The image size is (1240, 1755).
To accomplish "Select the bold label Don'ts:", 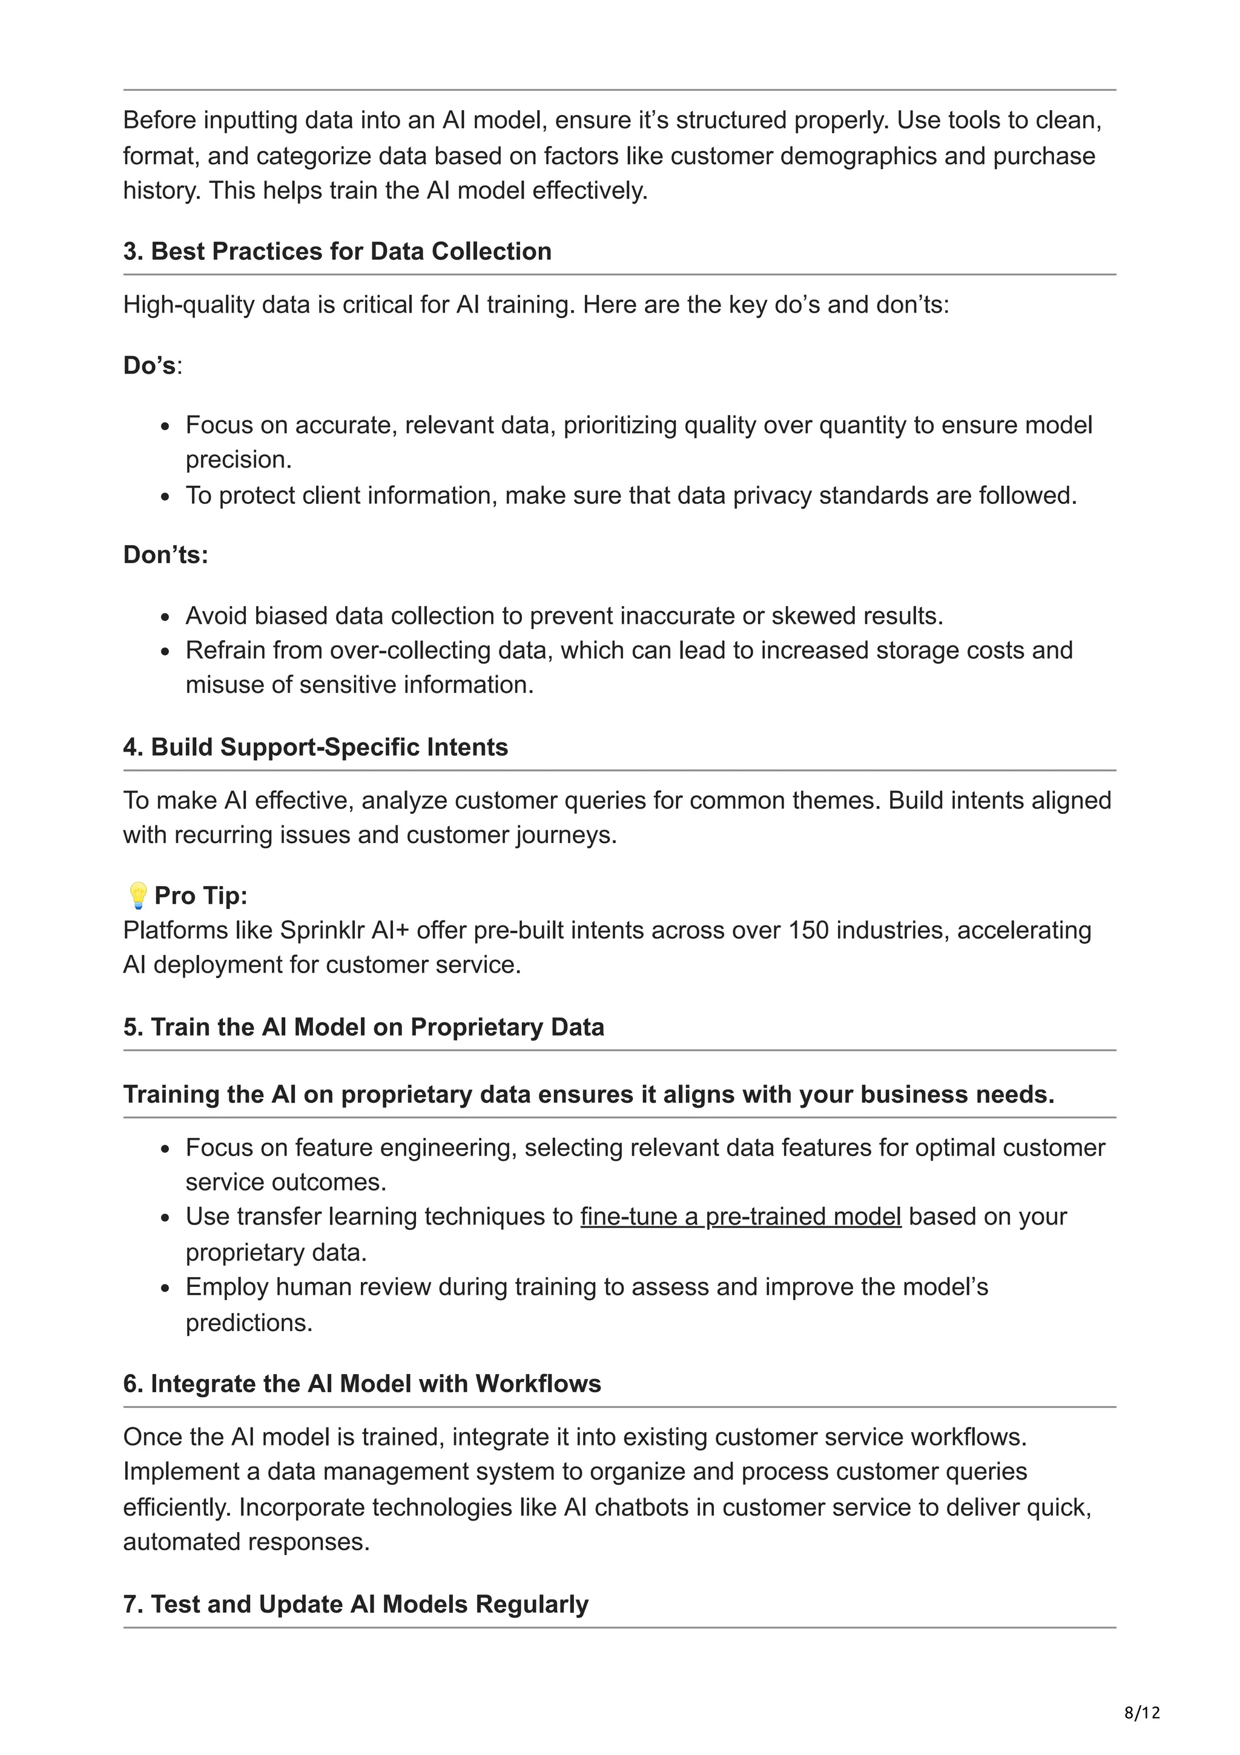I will pos(165,554).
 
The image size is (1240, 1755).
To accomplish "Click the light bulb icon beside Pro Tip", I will pos(137,895).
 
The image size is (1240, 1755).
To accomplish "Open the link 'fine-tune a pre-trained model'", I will pos(740,1216).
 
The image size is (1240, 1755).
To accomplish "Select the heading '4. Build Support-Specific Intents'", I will pos(315,747).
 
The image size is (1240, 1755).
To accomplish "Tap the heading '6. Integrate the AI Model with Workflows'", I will pos(362,1384).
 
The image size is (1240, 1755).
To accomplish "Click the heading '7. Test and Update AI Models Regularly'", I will pos(356,1604).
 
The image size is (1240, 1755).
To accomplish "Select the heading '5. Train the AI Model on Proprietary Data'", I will pos(364,1026).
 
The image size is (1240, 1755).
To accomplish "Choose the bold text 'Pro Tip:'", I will pos(200,895).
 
